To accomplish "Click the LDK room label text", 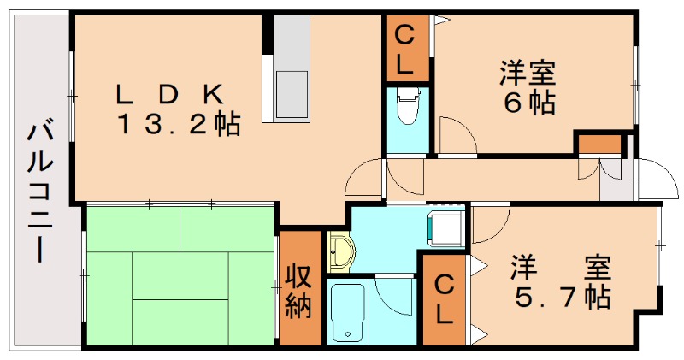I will [172, 91].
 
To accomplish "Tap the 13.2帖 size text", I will [179, 125].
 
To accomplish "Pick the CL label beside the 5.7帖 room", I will [442, 298].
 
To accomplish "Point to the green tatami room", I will [180, 274].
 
